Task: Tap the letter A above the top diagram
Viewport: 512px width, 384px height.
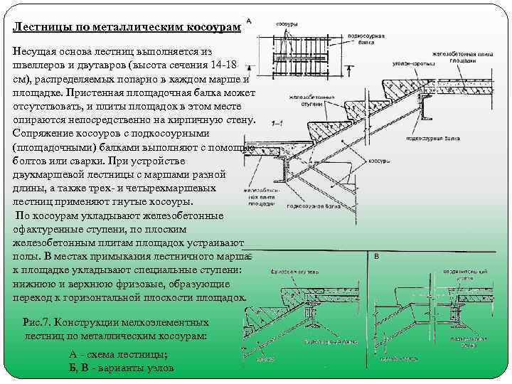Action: (249, 21)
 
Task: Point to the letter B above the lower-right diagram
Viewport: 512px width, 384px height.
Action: (376, 256)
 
